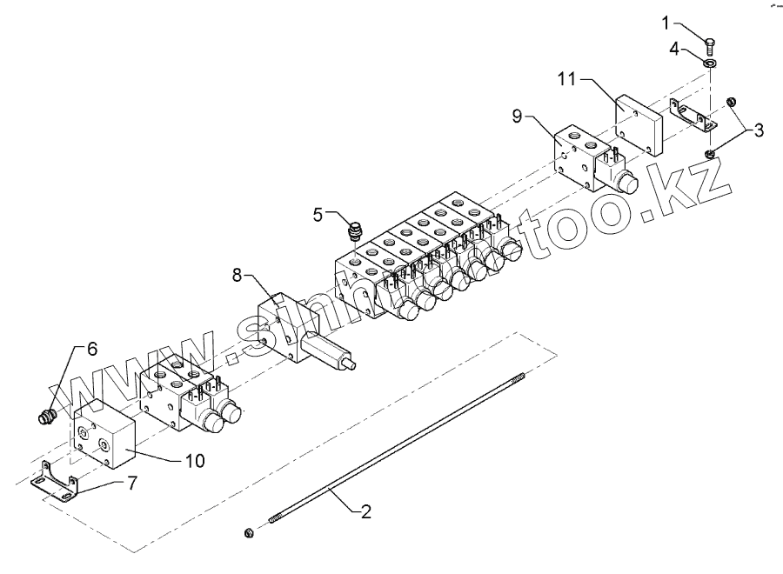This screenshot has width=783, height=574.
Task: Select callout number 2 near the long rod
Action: tap(366, 511)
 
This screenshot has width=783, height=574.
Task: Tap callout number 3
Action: tap(759, 130)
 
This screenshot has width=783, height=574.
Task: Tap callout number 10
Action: tap(195, 460)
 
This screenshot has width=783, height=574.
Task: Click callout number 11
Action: tap(567, 80)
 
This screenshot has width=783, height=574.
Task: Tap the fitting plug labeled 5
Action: tap(355, 232)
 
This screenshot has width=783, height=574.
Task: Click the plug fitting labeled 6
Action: tap(49, 417)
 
